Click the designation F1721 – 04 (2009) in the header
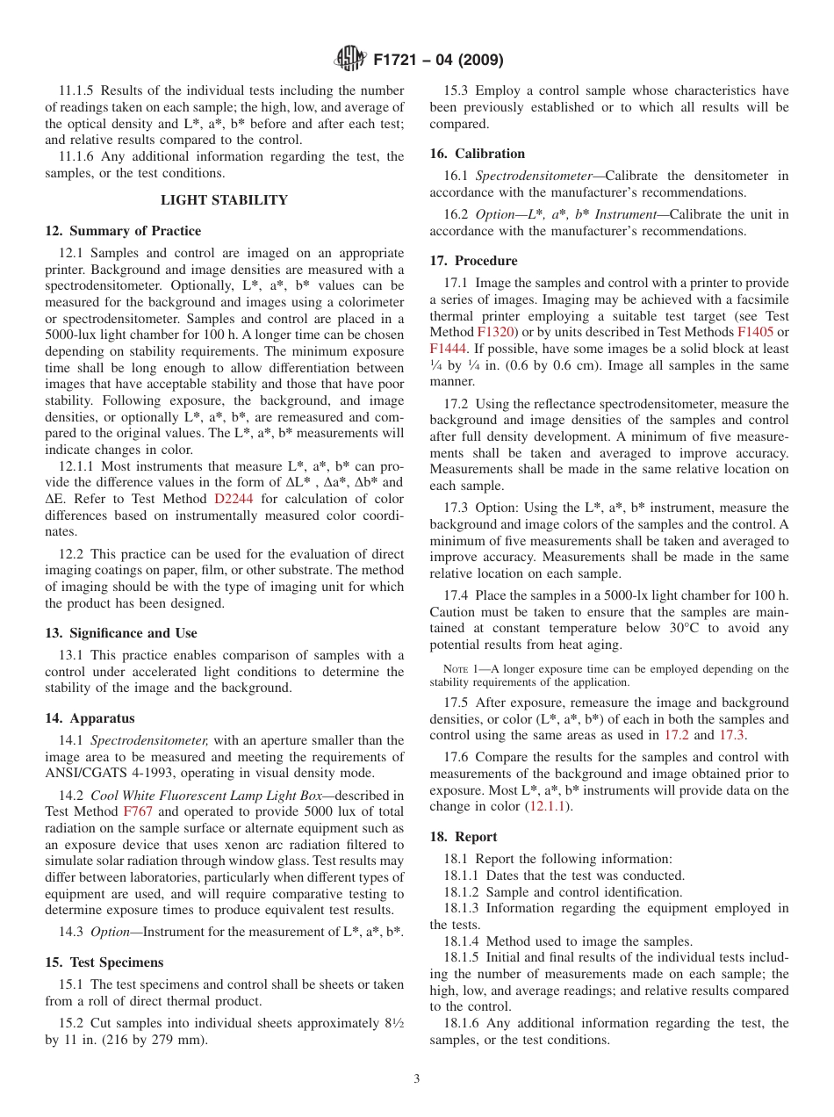coord(438,60)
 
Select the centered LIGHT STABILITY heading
coord(224,200)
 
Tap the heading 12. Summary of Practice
coord(123,231)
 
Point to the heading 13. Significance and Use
coord(121,633)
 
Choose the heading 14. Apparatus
coord(90,718)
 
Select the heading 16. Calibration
coord(478,154)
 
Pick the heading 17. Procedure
coord(474,261)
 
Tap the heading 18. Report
coord(464,837)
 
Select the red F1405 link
coord(754,333)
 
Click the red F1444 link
coord(447,349)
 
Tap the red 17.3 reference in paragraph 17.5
coord(731,735)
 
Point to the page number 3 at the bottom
coord(417,1079)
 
